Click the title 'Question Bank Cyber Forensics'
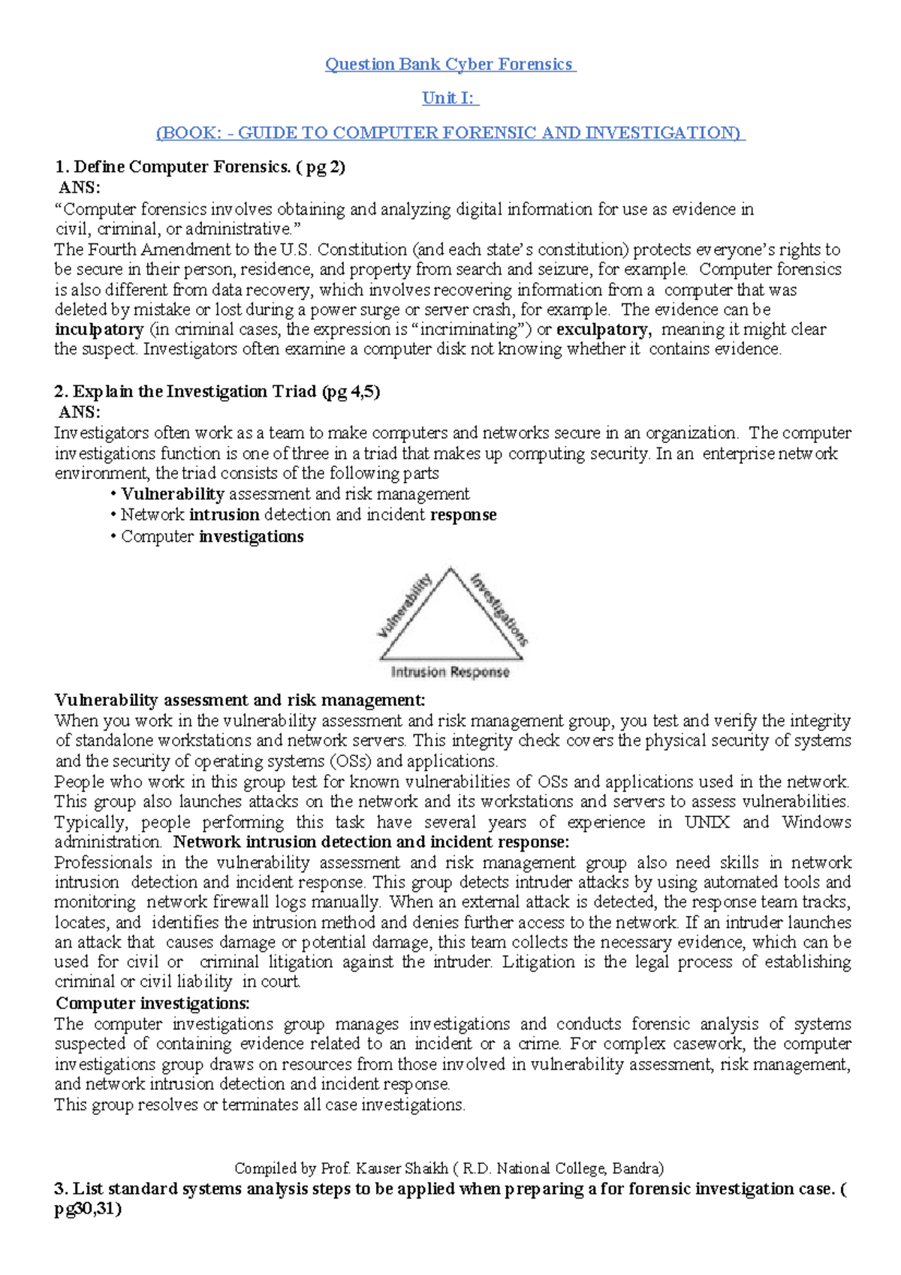449,65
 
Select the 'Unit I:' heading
449,98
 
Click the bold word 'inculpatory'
99,330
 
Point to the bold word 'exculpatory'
602,330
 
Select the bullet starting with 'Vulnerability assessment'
294,494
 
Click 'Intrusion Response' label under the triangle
450,672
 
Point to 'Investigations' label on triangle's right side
499,609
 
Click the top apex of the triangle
450,568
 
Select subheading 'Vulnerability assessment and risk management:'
240,701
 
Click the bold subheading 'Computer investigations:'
153,1004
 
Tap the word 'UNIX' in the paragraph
707,822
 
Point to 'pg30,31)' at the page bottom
88,1209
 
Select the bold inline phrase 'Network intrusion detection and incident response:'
371,842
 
